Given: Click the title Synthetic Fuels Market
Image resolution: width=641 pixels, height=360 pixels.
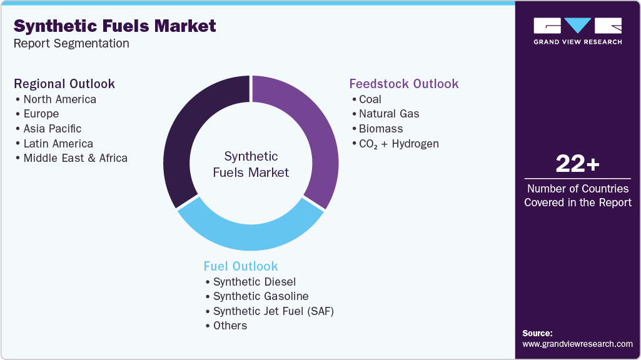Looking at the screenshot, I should click(x=115, y=26).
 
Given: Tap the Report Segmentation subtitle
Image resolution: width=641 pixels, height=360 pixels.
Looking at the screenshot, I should click(x=71, y=44).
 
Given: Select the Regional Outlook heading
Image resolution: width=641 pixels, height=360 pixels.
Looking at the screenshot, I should click(x=64, y=84).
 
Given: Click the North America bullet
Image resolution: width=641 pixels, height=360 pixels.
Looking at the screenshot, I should click(x=59, y=99).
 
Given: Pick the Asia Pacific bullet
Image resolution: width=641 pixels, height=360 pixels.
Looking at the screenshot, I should click(x=53, y=129).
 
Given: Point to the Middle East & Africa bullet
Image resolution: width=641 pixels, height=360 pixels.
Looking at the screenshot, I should click(x=75, y=158).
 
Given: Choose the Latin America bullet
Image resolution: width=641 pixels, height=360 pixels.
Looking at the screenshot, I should click(x=58, y=144).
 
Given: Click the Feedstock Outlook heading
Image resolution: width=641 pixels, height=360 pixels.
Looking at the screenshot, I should click(x=404, y=84).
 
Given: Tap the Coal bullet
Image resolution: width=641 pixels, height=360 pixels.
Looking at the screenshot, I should click(x=370, y=99).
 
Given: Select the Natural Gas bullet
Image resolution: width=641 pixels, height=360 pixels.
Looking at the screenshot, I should click(x=389, y=114).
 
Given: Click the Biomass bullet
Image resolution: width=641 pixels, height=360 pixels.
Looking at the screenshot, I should click(x=381, y=129).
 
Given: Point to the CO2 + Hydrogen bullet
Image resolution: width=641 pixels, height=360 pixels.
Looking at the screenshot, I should click(x=398, y=144).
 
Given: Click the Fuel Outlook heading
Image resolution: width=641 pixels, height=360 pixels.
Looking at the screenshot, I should click(x=241, y=266).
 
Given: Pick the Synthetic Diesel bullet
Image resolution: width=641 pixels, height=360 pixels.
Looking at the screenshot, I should click(x=254, y=282).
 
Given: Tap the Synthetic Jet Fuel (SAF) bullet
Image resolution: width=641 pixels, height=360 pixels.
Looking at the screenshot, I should click(x=273, y=311).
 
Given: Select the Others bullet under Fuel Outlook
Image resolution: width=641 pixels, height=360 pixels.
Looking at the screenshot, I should click(x=230, y=326).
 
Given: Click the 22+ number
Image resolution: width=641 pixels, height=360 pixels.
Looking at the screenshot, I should click(x=577, y=164).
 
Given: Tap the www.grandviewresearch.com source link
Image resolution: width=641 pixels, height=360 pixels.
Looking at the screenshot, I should click(x=577, y=344).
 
